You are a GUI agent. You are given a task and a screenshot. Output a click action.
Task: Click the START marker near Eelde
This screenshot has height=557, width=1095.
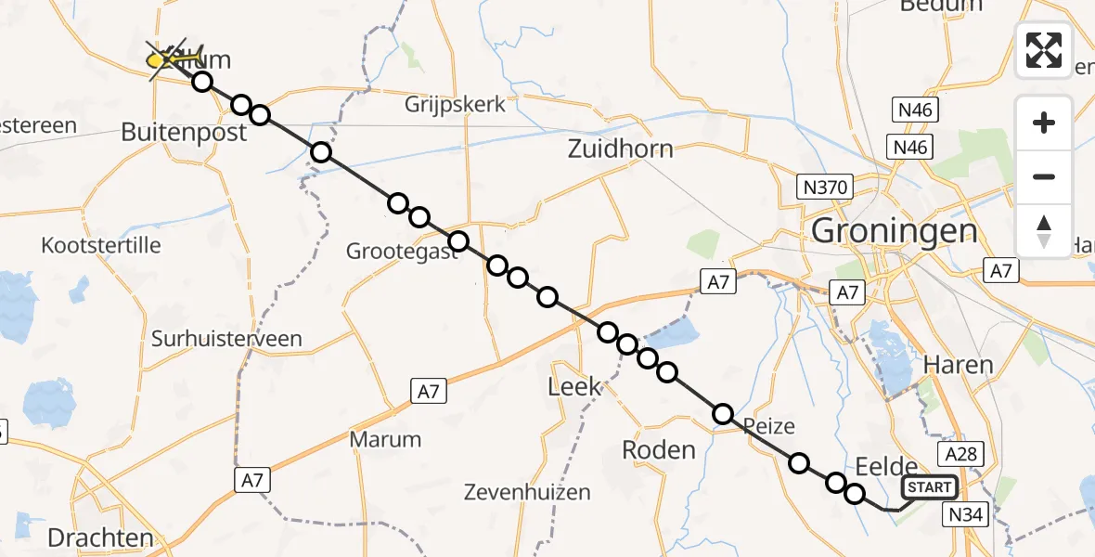[929, 487]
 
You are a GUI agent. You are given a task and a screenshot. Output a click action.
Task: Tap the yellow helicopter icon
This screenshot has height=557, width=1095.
[174, 58]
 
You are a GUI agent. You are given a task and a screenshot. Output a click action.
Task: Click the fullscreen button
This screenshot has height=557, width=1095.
[1044, 50]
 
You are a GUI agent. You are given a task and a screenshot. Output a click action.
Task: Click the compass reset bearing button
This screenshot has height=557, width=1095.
[1044, 231]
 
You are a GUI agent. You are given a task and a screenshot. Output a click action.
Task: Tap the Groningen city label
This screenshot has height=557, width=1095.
[894, 230]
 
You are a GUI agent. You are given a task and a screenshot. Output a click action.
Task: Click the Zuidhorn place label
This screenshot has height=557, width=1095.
[620, 149]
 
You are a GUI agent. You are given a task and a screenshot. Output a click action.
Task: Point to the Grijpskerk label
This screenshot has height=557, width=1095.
[455, 104]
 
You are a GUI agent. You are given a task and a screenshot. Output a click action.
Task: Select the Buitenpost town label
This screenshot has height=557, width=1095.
[184, 133]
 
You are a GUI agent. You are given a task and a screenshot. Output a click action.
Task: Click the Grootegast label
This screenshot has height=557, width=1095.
[402, 251]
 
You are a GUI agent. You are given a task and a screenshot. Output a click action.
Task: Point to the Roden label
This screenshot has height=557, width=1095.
[658, 450]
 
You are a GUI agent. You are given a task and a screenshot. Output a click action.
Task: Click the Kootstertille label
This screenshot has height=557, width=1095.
[101, 246]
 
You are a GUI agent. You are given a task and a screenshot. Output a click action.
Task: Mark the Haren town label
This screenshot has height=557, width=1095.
[959, 365]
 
